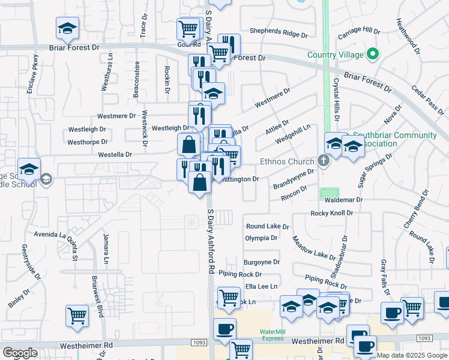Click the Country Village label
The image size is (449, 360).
(335, 55)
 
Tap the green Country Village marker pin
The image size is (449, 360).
(373, 55)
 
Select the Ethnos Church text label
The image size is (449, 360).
(287, 161)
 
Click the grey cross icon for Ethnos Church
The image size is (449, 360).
(324, 161)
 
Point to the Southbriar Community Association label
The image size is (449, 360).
(394, 139)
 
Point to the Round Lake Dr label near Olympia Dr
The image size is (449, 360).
(267, 227)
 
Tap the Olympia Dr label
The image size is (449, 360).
(261, 238)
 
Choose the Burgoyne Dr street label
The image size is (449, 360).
(262, 262)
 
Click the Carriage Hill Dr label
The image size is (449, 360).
(360, 31)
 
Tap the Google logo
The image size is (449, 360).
(20, 353)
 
